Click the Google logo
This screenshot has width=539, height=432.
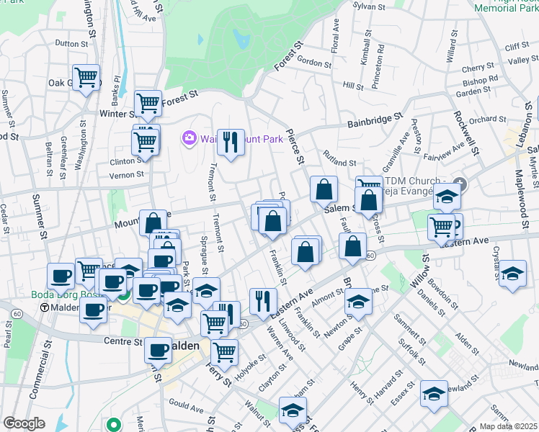(24, 423)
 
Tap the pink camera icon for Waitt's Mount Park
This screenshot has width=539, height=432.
(190, 137)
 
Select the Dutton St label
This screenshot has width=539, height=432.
(71, 43)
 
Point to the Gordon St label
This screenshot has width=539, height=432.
(313, 64)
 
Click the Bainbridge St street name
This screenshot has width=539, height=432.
(373, 119)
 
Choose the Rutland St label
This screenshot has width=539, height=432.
(340, 163)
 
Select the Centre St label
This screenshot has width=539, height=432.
(117, 342)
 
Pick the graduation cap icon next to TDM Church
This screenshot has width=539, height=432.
(447, 197)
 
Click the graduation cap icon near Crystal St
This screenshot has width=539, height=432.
(512, 274)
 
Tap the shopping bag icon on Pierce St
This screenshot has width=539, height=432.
(324, 190)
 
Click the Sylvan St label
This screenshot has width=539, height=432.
(365, 6)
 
